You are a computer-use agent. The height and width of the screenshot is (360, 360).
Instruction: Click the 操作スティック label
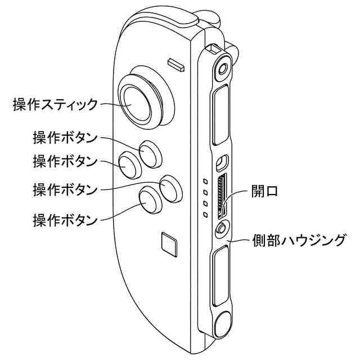(55, 104)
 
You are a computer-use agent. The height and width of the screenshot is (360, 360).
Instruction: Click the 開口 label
(264, 191)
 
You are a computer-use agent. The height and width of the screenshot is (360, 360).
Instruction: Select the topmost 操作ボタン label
(65, 137)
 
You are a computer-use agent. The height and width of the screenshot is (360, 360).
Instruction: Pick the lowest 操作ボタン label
(65, 219)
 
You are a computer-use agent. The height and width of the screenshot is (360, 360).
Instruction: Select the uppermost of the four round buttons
(149, 152)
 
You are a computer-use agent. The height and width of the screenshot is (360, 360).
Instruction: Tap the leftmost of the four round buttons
(129, 166)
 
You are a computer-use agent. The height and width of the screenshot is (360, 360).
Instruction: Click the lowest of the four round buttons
(150, 200)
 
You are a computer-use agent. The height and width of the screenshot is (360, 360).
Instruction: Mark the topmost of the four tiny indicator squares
(206, 181)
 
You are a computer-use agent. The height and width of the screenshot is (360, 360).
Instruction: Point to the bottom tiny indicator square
(205, 214)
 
